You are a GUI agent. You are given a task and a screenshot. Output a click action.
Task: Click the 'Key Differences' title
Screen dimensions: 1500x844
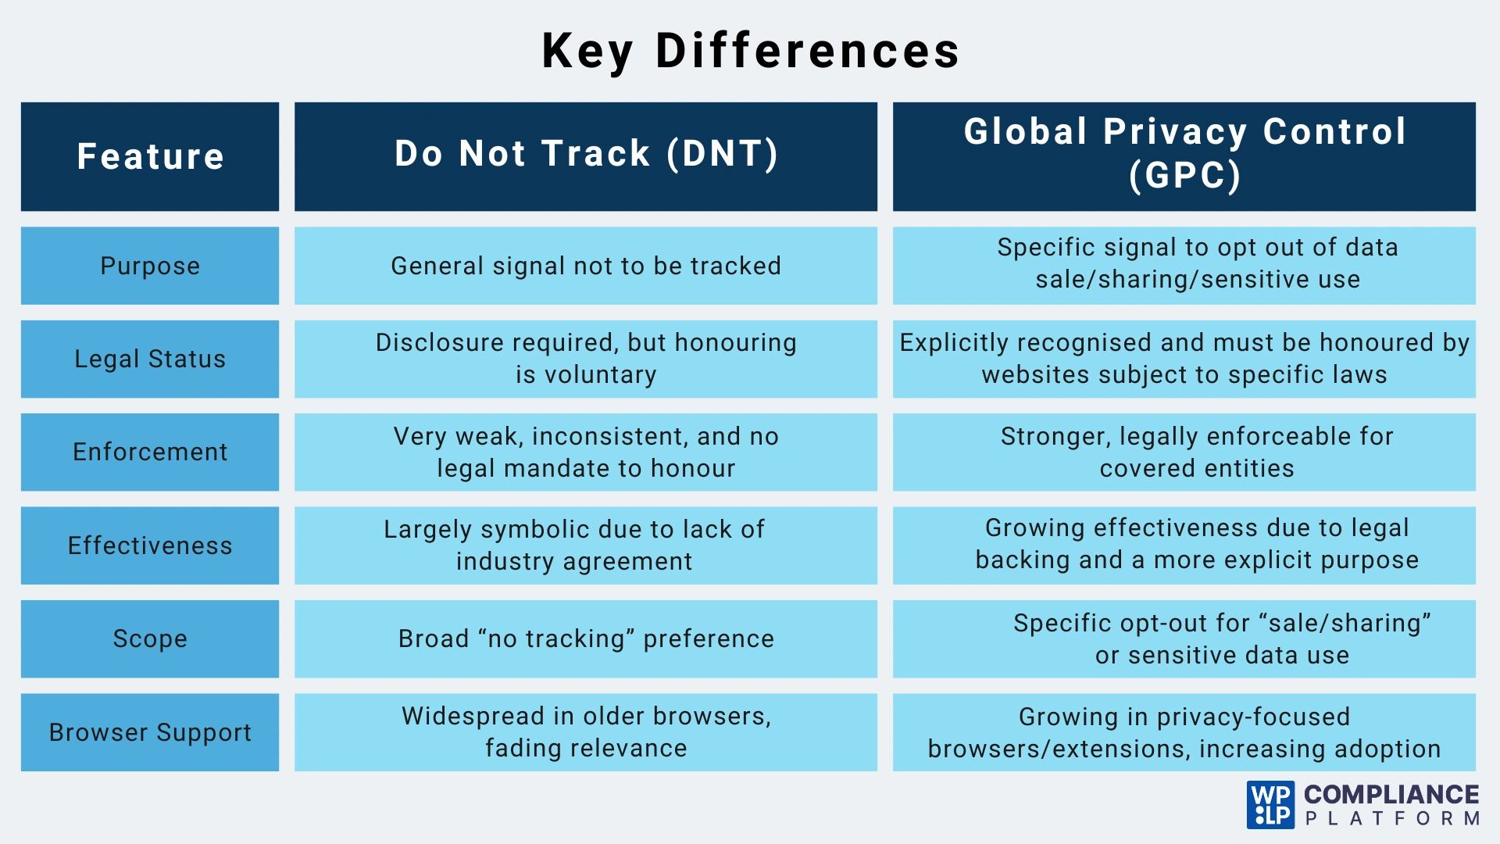click(x=750, y=52)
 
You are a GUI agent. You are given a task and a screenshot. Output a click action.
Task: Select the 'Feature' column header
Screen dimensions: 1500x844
click(x=150, y=156)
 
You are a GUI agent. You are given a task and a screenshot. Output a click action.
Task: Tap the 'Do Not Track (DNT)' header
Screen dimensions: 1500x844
click(x=586, y=156)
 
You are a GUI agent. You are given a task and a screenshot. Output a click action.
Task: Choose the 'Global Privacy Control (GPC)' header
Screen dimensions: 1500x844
click(x=1184, y=156)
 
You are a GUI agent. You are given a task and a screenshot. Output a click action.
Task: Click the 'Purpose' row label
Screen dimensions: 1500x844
click(x=150, y=266)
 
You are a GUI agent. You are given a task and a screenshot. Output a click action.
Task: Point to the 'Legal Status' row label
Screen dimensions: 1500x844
click(x=150, y=359)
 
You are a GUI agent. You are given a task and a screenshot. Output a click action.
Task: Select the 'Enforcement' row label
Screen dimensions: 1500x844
click(x=150, y=452)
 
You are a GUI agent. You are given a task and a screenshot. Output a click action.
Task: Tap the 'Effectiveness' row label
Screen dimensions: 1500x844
click(x=150, y=545)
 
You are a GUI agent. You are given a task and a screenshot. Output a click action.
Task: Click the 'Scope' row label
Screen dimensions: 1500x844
click(x=150, y=638)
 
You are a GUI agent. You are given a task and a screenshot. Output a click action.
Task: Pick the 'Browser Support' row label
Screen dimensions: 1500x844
click(x=150, y=732)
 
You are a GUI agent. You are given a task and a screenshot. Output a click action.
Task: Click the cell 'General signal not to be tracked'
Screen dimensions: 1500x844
click(x=586, y=266)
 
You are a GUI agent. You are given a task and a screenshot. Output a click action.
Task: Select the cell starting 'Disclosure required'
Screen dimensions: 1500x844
click(x=586, y=359)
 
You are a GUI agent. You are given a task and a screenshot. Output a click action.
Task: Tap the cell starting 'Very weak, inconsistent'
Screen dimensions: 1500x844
click(x=586, y=452)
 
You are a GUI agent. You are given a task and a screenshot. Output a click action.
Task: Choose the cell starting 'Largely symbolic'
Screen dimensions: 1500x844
click(x=586, y=545)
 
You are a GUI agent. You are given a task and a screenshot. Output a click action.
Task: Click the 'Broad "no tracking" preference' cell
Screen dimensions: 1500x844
click(x=586, y=638)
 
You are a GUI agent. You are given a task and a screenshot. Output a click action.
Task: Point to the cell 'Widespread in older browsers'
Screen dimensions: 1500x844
click(x=586, y=732)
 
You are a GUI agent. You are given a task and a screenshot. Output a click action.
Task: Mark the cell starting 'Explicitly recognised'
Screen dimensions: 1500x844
click(x=1184, y=359)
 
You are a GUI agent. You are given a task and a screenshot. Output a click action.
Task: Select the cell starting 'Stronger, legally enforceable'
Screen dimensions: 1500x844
click(x=1184, y=452)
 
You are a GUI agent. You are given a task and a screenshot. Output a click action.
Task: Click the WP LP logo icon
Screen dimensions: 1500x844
click(x=1271, y=805)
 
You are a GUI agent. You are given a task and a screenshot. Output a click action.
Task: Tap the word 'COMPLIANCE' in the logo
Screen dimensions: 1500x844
click(x=1391, y=795)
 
